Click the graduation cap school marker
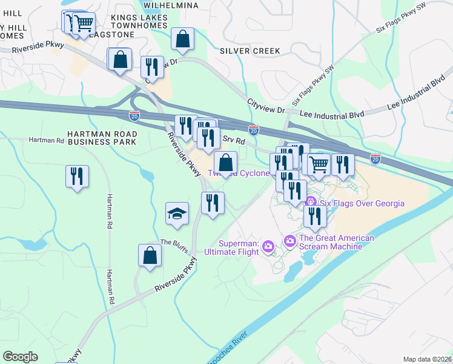click(177, 214)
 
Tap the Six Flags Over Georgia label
click(362, 203)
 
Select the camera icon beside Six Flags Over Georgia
click(311, 201)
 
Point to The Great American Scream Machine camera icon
click(290, 241)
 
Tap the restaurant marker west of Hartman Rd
click(77, 177)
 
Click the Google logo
click(21, 357)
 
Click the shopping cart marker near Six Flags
click(319, 164)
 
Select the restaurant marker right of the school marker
click(213, 203)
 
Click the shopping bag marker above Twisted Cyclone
click(225, 163)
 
